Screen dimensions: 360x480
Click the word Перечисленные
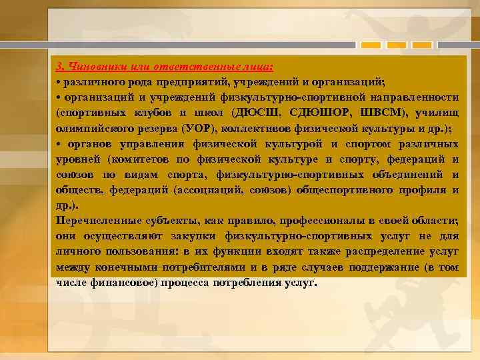click(x=97, y=221)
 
